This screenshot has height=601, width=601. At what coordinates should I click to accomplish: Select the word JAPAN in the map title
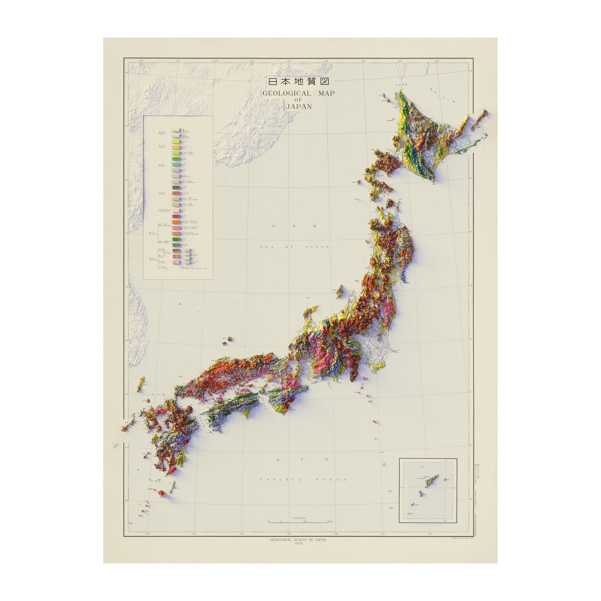coord(299,106)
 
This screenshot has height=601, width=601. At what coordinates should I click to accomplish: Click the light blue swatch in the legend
coord(176,166)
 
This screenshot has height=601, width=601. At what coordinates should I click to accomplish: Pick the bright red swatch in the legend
coord(176,217)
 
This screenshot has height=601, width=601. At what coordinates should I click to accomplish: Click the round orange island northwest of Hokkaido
coord(387,100)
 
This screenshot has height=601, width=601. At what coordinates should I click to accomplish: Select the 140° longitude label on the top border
coord(363,61)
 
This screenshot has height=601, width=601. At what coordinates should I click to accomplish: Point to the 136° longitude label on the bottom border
coord(289,534)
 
